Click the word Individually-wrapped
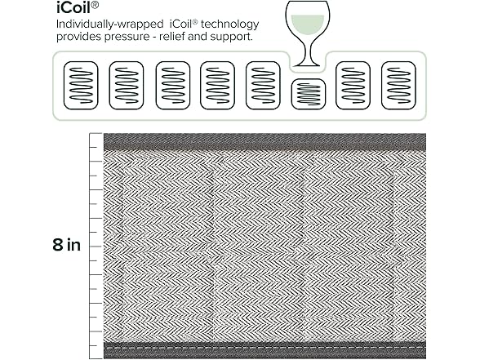pos(109,24)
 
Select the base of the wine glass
pos(307,64)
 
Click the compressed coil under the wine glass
pos(309,94)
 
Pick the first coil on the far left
pos(81,86)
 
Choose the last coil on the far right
pos(398,86)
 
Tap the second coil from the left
pos(127,86)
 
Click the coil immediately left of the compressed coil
pos(263,86)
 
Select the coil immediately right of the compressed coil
pos(353,86)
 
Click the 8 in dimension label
pos(66,245)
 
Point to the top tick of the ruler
pos(96,134)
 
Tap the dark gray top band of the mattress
pos(264,141)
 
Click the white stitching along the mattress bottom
pos(264,348)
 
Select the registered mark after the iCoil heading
pos(95,6)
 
